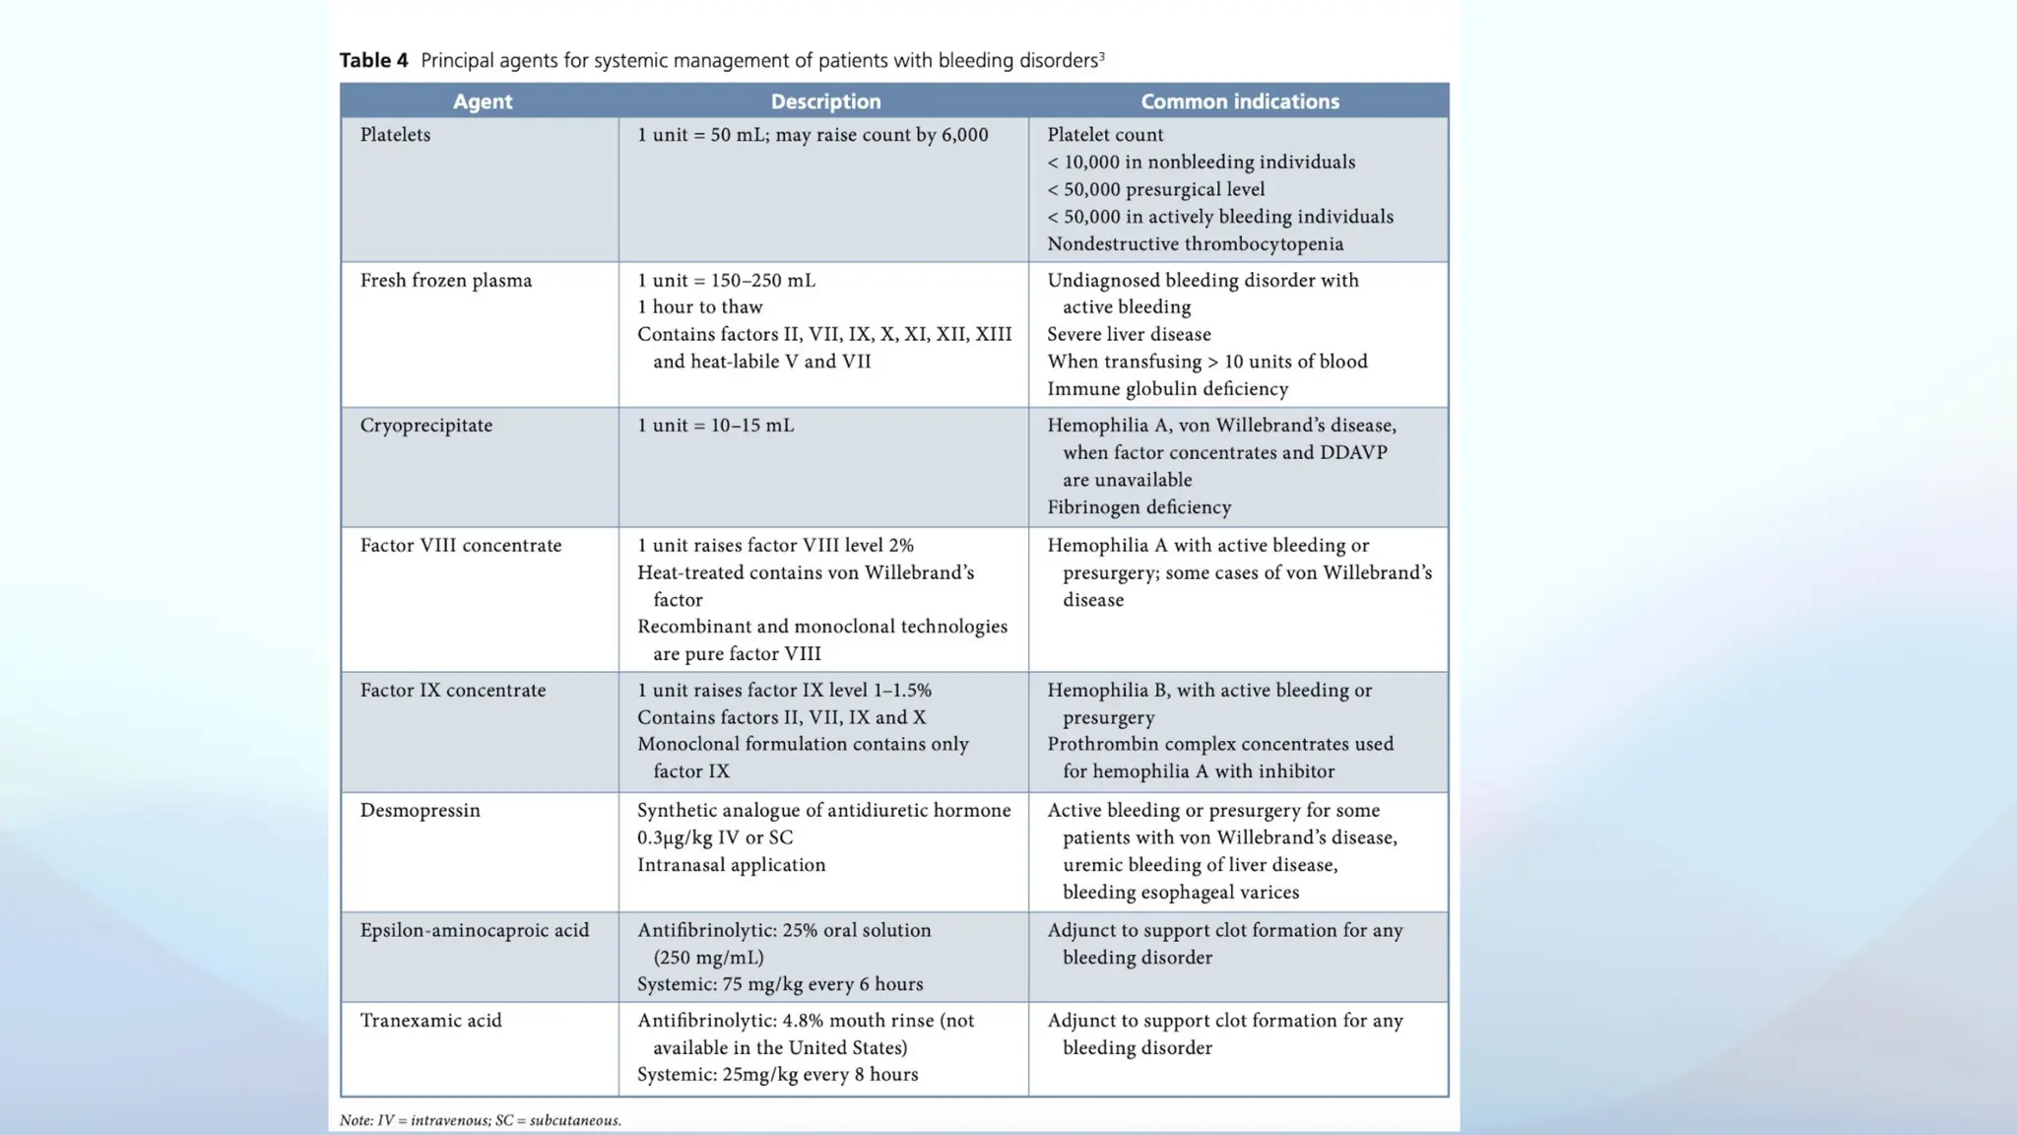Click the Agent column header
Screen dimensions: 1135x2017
(482, 101)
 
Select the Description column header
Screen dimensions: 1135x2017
(825, 101)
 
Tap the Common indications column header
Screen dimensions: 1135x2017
(1240, 101)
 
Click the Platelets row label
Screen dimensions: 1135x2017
(395, 135)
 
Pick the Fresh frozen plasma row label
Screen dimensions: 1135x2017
(445, 281)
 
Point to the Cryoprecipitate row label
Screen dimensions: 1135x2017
(425, 426)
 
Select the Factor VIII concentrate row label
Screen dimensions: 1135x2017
(460, 546)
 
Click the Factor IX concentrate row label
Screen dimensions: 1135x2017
(452, 691)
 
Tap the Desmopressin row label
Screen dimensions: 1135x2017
(420, 811)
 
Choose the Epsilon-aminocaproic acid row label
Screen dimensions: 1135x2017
(474, 931)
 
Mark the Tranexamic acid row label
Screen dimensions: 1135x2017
(430, 1021)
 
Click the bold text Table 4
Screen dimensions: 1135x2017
(373, 60)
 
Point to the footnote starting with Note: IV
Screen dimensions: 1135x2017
(480, 1120)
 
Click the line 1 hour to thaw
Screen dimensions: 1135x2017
(699, 307)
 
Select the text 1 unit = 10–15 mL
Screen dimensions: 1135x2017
(715, 426)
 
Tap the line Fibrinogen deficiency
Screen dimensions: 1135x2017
(1139, 507)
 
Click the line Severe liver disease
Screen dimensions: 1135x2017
(1129, 335)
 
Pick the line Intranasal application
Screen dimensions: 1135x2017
(731, 865)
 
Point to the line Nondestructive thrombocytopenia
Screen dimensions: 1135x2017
(1195, 244)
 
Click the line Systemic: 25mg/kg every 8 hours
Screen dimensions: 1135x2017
(777, 1075)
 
